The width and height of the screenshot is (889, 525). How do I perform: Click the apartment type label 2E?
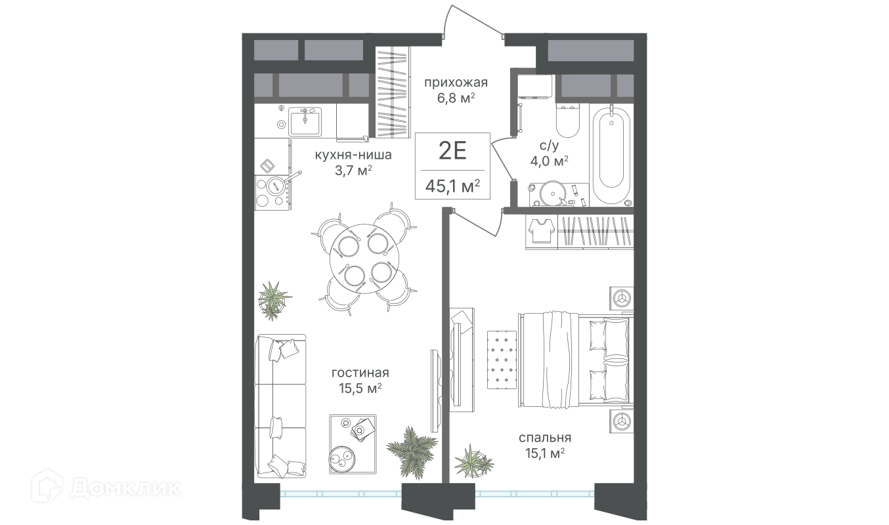(452, 151)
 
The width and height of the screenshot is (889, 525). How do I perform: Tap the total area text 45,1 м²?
(452, 186)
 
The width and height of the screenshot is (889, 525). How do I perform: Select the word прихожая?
(456, 83)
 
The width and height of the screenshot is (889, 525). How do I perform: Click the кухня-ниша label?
(353, 155)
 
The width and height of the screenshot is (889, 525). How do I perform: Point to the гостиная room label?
(360, 373)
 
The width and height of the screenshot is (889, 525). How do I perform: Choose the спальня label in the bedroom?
(545, 438)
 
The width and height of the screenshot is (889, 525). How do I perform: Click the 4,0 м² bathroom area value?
(550, 161)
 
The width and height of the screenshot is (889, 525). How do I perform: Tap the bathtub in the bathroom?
(611, 155)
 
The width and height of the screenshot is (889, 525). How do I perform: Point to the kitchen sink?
(305, 121)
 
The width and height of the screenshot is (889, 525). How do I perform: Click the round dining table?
(364, 259)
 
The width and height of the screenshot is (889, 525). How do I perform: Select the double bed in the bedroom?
(576, 360)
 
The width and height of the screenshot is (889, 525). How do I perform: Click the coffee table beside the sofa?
(353, 444)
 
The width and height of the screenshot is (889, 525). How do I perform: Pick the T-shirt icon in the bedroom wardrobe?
(541, 230)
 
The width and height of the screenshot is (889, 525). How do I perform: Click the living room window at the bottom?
(341, 494)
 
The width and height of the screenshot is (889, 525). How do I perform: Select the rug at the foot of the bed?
(502, 360)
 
